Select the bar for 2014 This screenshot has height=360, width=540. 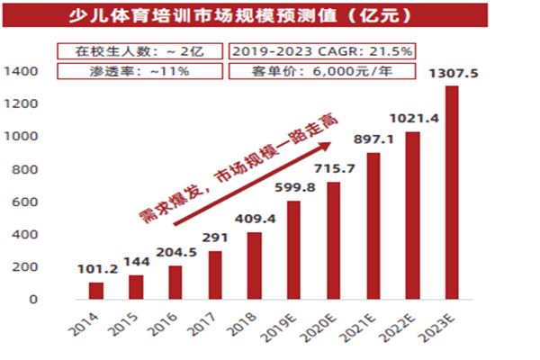(x=96, y=291)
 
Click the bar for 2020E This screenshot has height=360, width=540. (x=334, y=240)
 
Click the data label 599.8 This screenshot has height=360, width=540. (x=294, y=186)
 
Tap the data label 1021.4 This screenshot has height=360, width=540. (x=412, y=118)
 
